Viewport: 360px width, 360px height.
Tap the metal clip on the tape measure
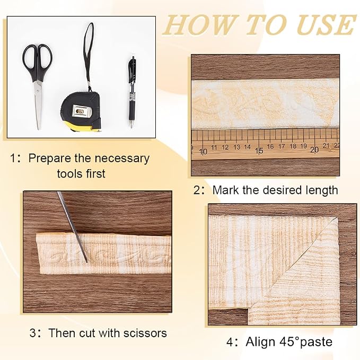point(80,111)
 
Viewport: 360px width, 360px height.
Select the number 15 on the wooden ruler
point(259,151)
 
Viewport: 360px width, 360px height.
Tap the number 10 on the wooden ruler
point(203,152)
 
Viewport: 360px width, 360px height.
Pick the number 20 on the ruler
point(314,150)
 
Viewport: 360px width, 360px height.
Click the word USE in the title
point(325,25)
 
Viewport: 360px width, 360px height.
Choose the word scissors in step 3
point(145,333)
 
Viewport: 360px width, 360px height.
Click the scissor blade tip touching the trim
point(87,261)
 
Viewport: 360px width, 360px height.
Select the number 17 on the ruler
point(282,146)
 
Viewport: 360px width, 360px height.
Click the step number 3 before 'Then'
point(32,333)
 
